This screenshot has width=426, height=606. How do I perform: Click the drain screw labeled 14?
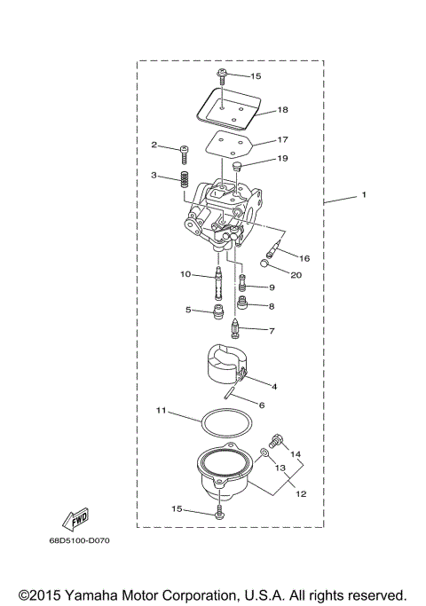[275, 441]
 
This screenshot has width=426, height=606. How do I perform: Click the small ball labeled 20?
[265, 263]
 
